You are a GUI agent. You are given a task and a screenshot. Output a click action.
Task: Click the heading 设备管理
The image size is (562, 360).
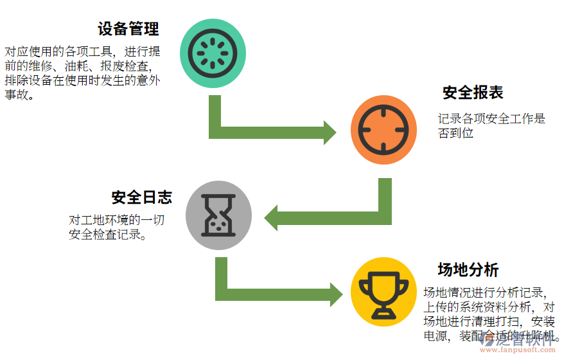[128, 29]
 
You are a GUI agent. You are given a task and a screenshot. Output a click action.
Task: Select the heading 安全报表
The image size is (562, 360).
[473, 93]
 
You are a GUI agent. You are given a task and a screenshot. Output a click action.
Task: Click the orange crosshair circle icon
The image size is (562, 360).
[383, 129]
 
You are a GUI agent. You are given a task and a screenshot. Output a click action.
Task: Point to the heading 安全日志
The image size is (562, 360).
[141, 197]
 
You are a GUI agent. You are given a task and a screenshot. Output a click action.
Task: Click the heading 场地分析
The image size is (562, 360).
[468, 269]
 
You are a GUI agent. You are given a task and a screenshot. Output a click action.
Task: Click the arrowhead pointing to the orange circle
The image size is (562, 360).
[329, 132]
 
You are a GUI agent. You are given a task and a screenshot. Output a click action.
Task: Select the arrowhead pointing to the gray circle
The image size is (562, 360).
[272, 217]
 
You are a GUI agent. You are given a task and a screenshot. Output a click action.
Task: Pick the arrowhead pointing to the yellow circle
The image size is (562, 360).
[335, 294]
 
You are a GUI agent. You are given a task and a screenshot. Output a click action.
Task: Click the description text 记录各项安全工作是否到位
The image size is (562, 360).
[491, 125]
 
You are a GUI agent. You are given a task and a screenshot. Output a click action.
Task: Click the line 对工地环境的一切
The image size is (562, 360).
[116, 220]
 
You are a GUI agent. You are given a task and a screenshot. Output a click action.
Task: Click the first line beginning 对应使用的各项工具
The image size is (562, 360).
[82, 51]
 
